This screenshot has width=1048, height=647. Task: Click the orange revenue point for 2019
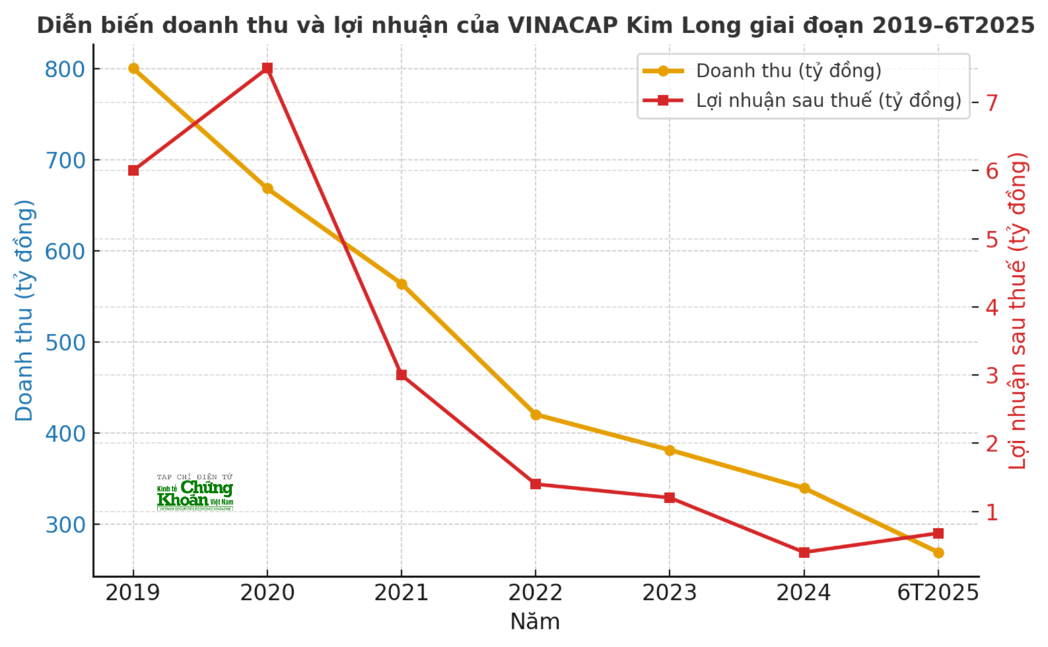pos(133,69)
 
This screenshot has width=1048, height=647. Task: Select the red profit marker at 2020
pos(267,69)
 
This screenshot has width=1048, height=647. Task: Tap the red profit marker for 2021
pos(402,375)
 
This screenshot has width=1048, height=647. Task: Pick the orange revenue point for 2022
pos(536,415)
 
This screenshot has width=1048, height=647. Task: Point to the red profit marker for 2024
pos(804,553)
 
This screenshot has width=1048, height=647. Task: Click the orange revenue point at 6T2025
pos(938,553)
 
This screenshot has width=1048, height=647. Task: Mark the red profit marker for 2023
pos(670,498)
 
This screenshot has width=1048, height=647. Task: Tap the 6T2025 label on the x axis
pos(938,593)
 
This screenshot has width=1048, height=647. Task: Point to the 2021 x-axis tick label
pos(402,593)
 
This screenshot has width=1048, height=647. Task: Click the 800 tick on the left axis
pos(65,69)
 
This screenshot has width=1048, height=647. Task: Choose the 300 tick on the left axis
pos(65,525)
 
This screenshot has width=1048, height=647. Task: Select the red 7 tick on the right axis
pos(991,103)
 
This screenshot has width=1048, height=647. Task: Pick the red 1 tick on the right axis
pos(991,512)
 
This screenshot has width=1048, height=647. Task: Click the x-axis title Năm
pos(535,622)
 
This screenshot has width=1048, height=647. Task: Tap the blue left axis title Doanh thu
pos(24,310)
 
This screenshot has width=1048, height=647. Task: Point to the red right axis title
pos(1018,310)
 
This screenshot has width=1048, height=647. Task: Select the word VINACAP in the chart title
pos(563,25)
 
